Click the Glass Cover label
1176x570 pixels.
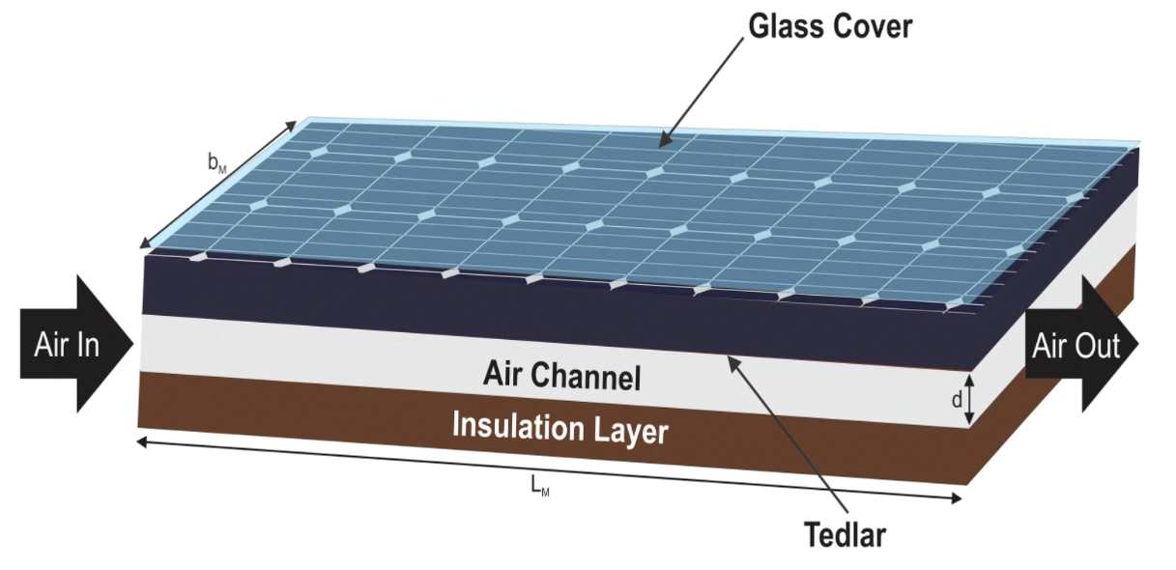pyautogui.click(x=830, y=26)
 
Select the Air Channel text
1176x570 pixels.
pyautogui.click(x=561, y=376)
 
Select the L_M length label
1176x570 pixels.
pyautogui.click(x=540, y=486)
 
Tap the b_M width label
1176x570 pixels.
pyautogui.click(x=217, y=163)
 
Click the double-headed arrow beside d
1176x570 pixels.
pyautogui.click(x=972, y=398)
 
